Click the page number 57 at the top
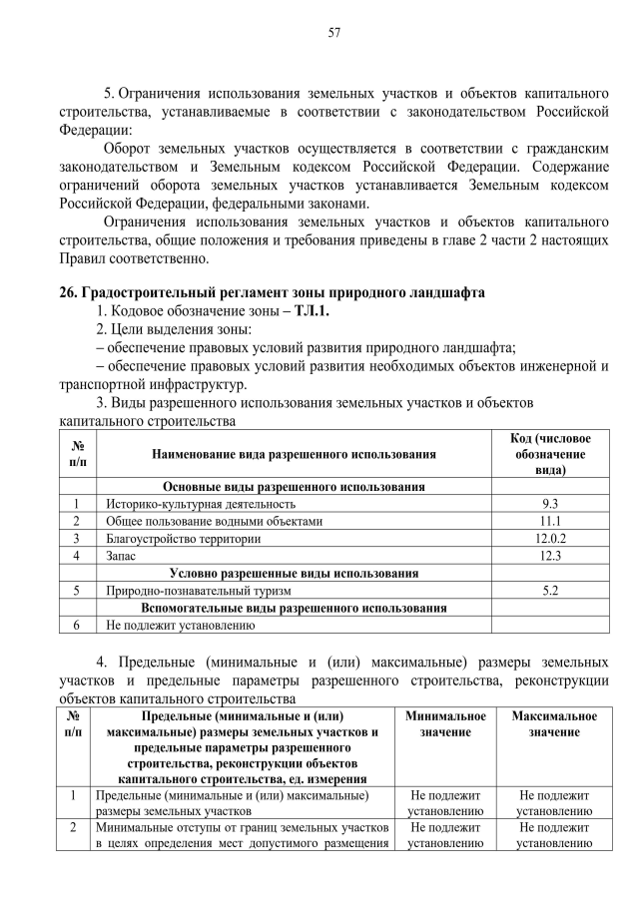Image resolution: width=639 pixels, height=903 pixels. click(x=334, y=33)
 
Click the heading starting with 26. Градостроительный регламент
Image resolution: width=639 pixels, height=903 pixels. click(x=272, y=292)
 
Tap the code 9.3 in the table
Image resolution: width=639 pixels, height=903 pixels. click(x=549, y=504)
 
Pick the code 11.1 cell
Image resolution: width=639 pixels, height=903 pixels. click(x=549, y=521)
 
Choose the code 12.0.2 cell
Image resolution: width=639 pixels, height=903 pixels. click(x=549, y=538)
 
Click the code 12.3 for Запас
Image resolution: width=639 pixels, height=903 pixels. click(x=549, y=556)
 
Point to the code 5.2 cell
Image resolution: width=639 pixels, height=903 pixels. click(x=549, y=591)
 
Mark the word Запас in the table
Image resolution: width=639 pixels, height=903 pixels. click(x=122, y=556)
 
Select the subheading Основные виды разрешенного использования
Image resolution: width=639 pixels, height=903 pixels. click(x=294, y=486)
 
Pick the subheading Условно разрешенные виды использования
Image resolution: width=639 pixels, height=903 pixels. click(x=294, y=573)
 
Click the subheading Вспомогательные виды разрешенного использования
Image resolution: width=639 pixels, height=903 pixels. click(x=294, y=608)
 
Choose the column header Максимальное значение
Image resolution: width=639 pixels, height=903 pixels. click(x=554, y=724)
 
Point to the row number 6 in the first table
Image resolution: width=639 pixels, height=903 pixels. click(x=77, y=626)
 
